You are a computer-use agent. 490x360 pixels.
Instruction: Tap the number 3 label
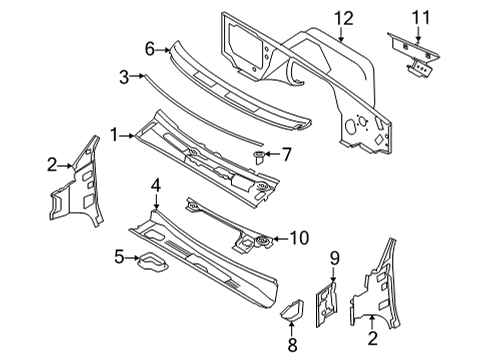[125, 75]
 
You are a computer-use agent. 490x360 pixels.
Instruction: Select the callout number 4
[156, 184]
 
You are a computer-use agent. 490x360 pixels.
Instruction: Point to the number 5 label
[120, 259]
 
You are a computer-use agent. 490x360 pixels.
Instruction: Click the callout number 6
[149, 47]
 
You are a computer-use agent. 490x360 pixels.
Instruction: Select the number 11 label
[420, 17]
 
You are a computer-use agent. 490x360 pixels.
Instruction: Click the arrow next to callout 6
[163, 47]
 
